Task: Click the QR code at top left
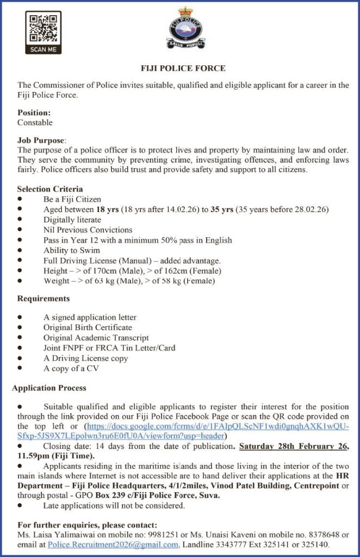point(43,27)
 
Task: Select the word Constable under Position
point(35,122)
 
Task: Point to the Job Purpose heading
point(41,140)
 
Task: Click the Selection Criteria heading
point(50,189)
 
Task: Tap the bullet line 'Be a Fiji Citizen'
point(72,200)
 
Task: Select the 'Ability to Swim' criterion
point(72,250)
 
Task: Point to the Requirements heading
point(44,299)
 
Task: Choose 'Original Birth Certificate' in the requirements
point(88,327)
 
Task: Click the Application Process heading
point(49,388)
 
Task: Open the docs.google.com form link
point(218,426)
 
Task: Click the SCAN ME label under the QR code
point(43,49)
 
